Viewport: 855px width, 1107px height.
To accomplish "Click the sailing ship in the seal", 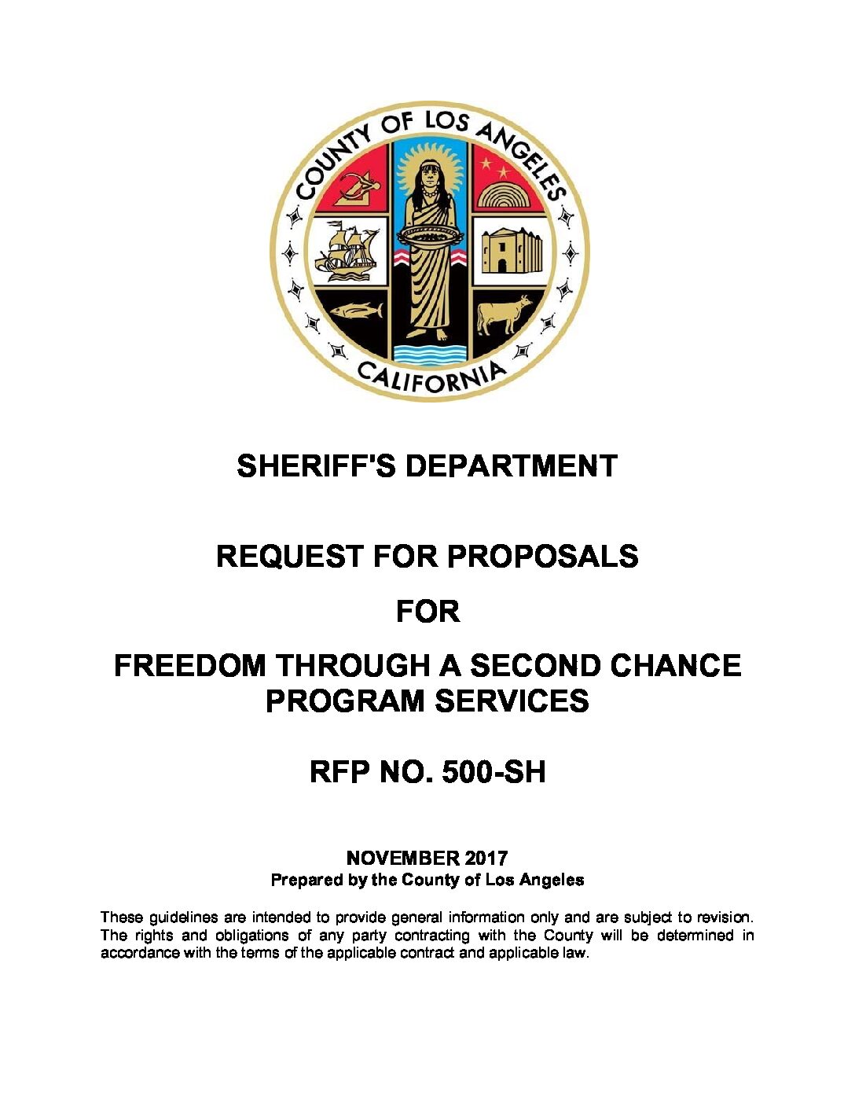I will pyautogui.click(x=347, y=249).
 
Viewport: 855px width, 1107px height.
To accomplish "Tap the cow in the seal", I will pyautogui.click(x=504, y=314).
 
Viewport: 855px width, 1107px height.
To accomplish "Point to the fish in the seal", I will pyautogui.click(x=355, y=311).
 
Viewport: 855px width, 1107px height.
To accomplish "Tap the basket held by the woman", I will pyautogui.click(x=429, y=235).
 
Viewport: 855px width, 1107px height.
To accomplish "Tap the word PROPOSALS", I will pyautogui.click(x=542, y=557).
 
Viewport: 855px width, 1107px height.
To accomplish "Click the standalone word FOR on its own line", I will pyautogui.click(x=427, y=611).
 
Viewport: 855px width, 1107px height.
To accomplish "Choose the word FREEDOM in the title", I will pyautogui.click(x=190, y=666).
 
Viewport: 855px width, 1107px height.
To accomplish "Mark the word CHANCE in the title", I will pyautogui.click(x=675, y=666).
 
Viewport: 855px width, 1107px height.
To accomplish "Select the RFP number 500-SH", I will pyautogui.click(x=494, y=772).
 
